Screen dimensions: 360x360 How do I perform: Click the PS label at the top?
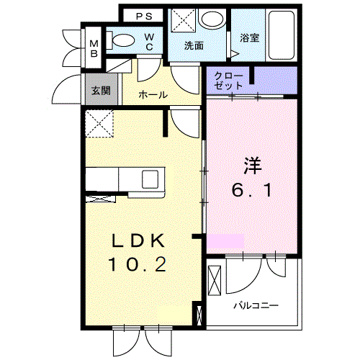pos(144,17)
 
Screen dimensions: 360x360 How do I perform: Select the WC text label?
pos(149,42)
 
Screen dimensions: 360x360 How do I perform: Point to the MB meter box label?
pos(94,49)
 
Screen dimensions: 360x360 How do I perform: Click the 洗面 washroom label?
pos(194,45)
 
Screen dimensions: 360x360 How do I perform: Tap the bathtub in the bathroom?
pos(282,35)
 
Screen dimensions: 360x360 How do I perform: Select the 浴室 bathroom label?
pos(250,38)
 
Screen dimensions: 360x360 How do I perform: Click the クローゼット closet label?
pos(228,81)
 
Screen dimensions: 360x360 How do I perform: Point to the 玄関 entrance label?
pos(101,91)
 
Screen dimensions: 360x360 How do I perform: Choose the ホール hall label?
pos(153,95)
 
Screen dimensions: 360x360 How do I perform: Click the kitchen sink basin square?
pos(150,179)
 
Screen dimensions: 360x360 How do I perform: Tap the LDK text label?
pos(138,240)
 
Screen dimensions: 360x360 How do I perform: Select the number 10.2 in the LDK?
pos(138,264)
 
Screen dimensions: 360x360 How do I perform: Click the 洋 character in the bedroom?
pos(252,166)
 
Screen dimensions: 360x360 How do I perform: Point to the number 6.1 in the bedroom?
pos(252,189)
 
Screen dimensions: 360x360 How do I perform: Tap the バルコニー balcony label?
pos(256,306)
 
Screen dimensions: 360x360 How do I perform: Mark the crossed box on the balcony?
pos(215,281)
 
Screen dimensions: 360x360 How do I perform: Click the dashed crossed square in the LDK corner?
pos(99,124)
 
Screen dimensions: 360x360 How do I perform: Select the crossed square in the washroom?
pos(183,20)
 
